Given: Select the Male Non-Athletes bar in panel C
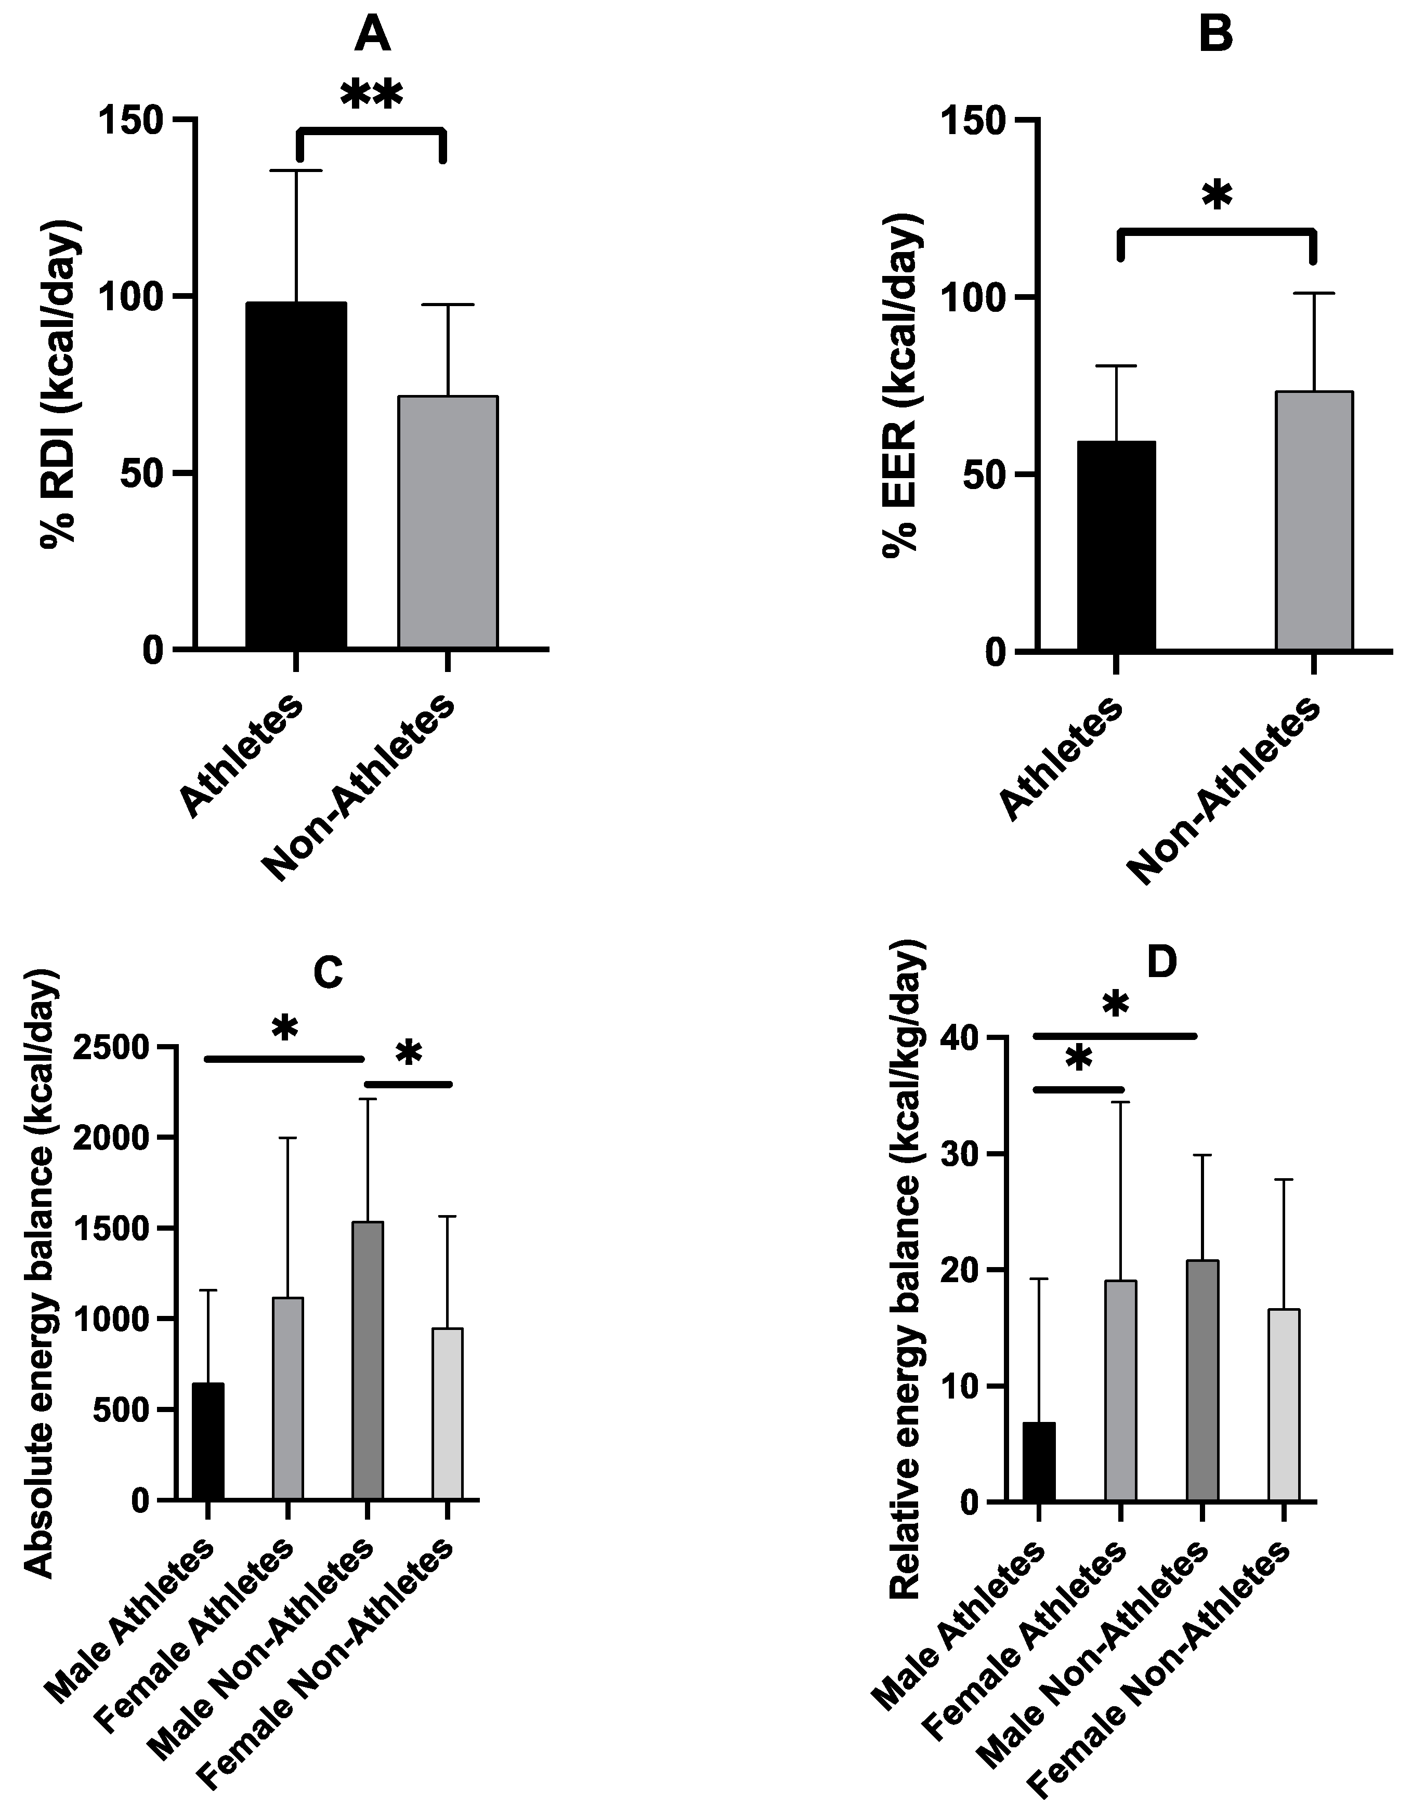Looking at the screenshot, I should (368, 1361).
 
